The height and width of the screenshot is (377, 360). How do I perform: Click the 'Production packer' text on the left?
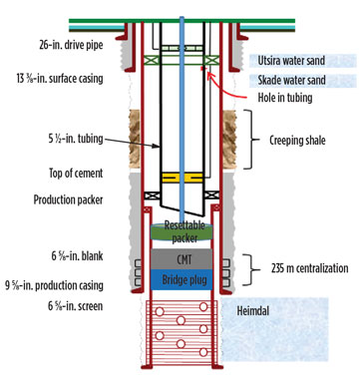pos(61,200)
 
